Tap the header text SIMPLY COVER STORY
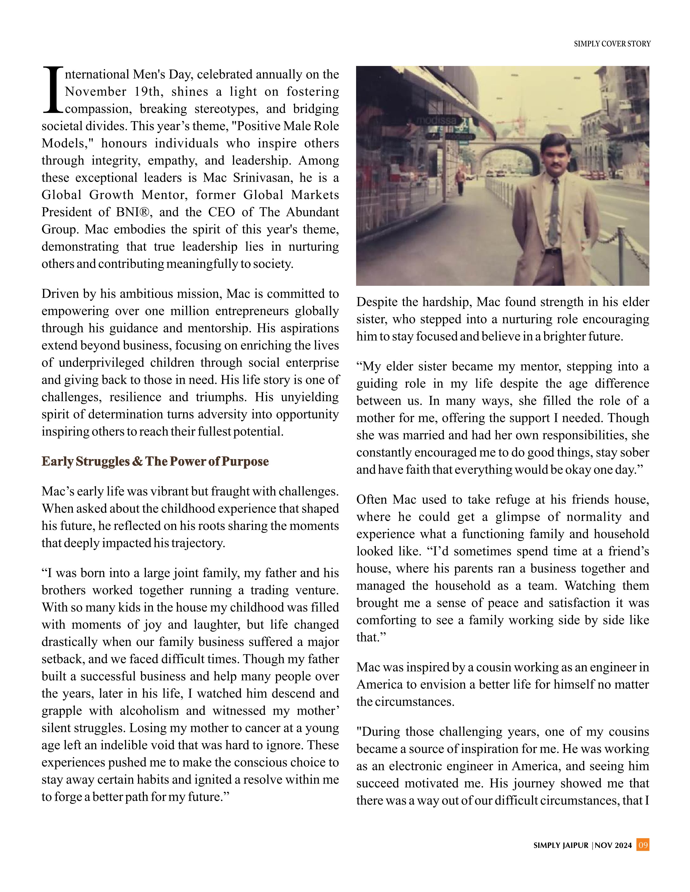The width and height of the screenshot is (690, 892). point(612,44)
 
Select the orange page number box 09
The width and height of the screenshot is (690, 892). point(643,845)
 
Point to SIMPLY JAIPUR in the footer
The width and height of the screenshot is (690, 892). point(561,845)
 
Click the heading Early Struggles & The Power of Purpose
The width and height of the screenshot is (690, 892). point(155,462)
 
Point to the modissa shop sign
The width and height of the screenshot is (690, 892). point(437,121)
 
